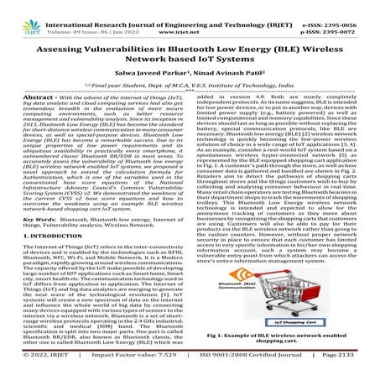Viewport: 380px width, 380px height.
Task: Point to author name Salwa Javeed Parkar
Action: [x=139, y=76]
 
